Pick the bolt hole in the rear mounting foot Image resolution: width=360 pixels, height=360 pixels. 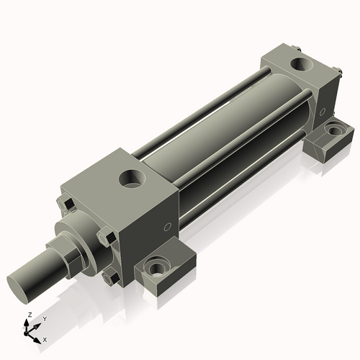point(333,131)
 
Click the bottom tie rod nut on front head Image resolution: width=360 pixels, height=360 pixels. point(110,277)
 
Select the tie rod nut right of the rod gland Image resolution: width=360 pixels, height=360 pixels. point(106,235)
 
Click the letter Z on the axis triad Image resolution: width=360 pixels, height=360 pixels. point(29,315)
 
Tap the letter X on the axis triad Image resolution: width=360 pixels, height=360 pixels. point(45,338)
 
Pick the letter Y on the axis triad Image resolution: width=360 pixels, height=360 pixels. point(44,319)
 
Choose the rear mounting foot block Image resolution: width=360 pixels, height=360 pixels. point(330,138)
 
